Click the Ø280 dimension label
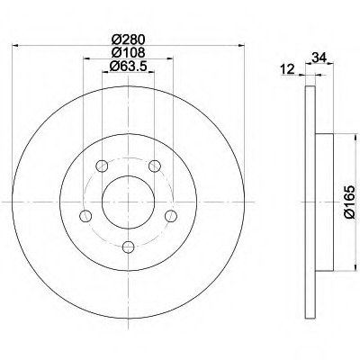coord(128,39)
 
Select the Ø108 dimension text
coord(128,52)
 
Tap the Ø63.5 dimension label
coord(128,66)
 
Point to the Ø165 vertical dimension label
coord(350,202)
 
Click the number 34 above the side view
coord(319,57)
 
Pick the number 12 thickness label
coord(288,69)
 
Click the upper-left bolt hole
coord(102,166)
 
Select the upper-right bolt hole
coord(155,166)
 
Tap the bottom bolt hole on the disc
coord(129,247)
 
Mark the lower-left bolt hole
coord(85,216)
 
